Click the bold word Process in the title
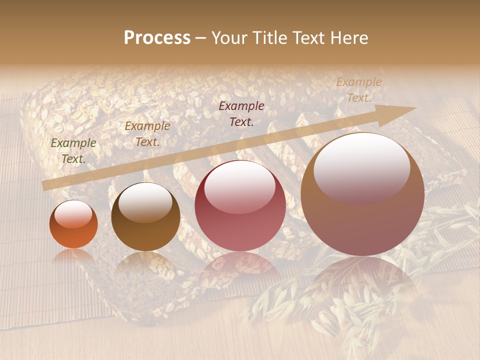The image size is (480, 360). [x=157, y=38]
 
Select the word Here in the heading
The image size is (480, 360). [x=349, y=38]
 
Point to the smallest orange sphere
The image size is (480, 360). [x=73, y=224]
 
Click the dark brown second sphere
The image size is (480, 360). [x=145, y=217]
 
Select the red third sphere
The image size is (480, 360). [x=240, y=206]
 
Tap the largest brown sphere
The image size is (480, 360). [x=362, y=194]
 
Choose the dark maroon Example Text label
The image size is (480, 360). [x=241, y=114]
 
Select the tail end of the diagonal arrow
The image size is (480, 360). [x=45, y=185]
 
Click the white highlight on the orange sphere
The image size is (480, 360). [x=73, y=214]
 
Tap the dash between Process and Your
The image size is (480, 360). [x=200, y=38]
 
